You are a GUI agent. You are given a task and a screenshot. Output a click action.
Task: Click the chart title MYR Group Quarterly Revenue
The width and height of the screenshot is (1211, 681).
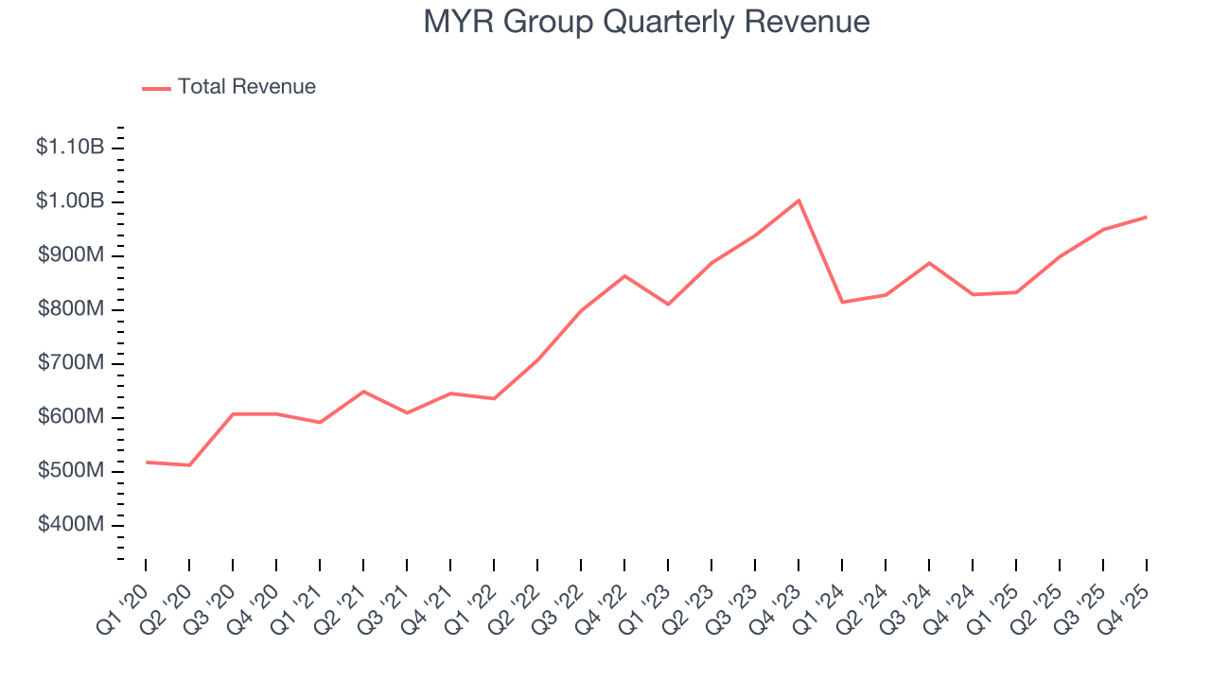click(646, 21)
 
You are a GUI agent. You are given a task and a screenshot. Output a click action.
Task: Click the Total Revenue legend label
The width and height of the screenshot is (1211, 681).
click(246, 87)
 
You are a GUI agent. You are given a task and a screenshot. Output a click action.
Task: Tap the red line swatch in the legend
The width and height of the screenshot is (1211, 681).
click(156, 88)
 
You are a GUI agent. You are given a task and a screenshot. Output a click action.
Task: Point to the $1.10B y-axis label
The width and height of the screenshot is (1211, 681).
click(70, 148)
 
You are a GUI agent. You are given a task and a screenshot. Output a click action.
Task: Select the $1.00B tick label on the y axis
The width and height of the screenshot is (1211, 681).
click(70, 201)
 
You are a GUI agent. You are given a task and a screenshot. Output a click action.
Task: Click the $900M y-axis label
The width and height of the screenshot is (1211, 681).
click(71, 255)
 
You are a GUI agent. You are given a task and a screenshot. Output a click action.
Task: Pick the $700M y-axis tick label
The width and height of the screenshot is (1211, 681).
click(71, 363)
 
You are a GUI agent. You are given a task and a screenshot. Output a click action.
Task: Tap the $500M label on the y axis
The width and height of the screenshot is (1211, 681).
click(71, 471)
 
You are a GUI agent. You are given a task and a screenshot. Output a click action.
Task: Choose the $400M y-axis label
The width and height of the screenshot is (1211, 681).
click(71, 525)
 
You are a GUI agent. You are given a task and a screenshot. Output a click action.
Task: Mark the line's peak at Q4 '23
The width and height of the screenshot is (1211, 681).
click(799, 201)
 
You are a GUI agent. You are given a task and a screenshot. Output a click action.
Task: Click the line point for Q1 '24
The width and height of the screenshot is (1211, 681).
click(842, 302)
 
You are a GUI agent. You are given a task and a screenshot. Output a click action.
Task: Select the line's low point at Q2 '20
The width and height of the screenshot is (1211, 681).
click(189, 465)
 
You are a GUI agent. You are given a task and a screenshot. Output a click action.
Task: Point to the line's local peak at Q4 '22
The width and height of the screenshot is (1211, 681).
click(624, 276)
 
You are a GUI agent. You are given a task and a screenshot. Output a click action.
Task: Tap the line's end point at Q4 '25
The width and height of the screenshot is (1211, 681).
click(1147, 218)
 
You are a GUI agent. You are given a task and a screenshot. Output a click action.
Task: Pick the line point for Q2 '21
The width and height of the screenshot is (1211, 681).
click(363, 392)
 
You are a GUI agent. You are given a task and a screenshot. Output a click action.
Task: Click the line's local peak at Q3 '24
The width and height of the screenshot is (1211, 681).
click(929, 263)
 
